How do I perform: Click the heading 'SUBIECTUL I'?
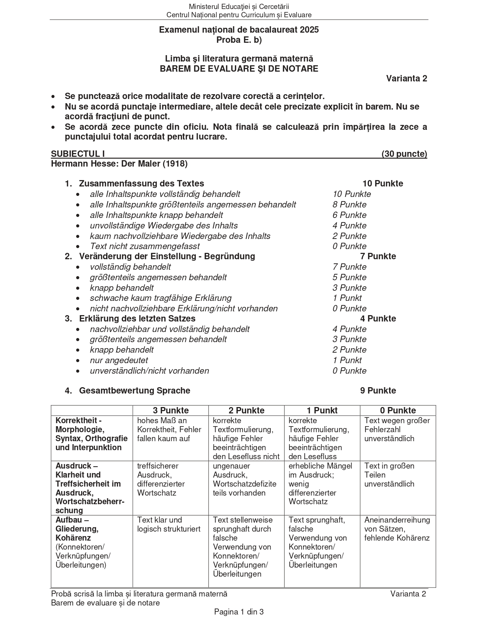point(78,154)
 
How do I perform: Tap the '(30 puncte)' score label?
point(404,154)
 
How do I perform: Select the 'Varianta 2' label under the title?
point(407,78)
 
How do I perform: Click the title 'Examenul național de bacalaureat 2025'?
point(239,30)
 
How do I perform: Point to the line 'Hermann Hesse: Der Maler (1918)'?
point(119,164)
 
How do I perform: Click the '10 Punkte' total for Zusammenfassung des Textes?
point(382,183)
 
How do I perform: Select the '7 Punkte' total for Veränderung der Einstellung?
point(378,256)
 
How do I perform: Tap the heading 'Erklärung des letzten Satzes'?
point(137,319)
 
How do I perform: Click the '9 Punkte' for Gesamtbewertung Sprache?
point(378,391)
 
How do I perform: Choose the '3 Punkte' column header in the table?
point(171,410)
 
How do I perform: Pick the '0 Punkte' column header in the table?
point(398,410)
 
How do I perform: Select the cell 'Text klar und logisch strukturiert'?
point(169,524)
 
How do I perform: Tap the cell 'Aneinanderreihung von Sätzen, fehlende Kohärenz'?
point(397,529)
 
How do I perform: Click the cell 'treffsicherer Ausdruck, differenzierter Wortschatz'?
point(161,479)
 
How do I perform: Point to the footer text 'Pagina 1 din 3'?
point(239,612)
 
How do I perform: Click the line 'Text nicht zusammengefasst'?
point(145,246)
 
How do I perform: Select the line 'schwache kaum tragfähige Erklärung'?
point(160,298)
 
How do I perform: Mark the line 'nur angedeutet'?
point(119,360)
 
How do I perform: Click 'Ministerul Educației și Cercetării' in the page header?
point(239,6)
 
